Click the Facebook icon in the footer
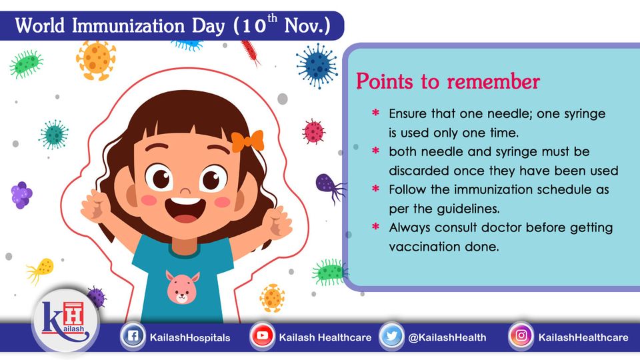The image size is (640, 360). (x=133, y=336)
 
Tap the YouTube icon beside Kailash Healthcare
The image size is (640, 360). (x=262, y=336)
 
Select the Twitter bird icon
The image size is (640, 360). (x=391, y=336)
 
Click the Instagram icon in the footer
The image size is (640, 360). (x=521, y=336)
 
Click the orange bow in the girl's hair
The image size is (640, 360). (x=247, y=141)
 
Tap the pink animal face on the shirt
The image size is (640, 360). (x=183, y=287)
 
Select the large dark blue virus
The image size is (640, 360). (x=317, y=66)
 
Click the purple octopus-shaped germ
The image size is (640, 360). (x=330, y=187)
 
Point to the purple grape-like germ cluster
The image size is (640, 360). (x=21, y=195)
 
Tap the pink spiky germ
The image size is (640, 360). (x=313, y=131)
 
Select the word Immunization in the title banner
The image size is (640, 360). (x=128, y=26)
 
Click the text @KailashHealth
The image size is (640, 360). (x=447, y=337)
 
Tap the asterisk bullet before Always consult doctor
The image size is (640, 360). (x=375, y=226)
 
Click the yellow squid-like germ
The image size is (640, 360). (x=41, y=270)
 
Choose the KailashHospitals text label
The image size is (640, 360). (x=190, y=337)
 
